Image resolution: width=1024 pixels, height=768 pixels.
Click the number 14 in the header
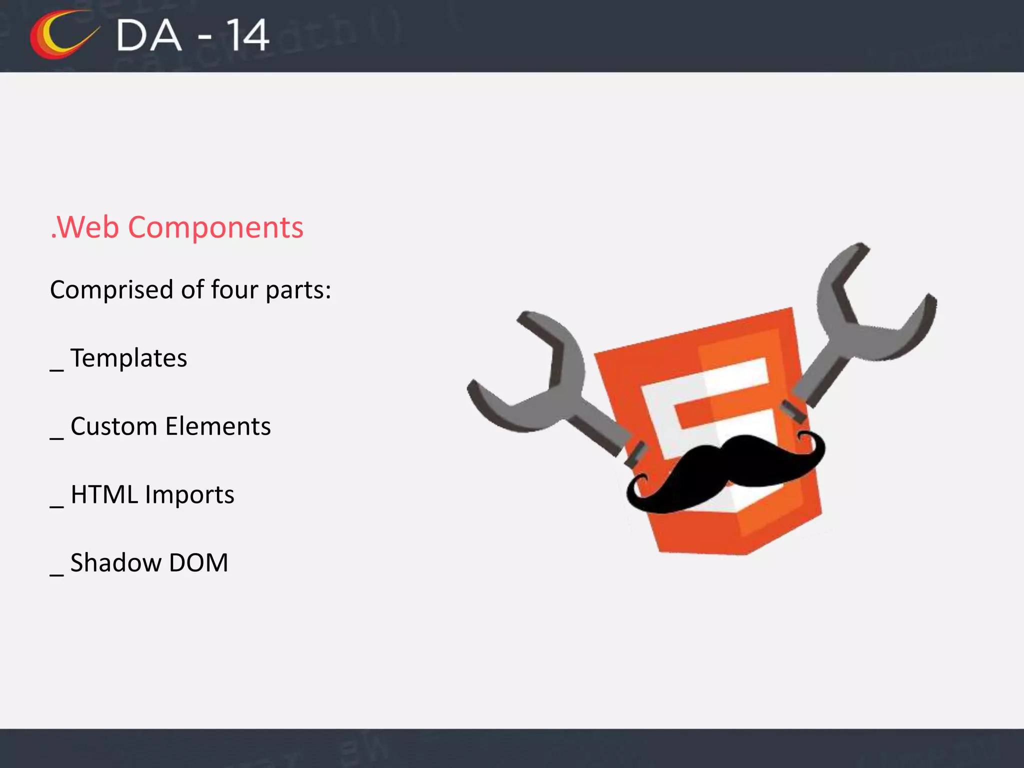247,36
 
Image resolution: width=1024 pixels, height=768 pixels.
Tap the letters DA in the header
148,36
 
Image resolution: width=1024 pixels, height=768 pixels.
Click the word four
234,290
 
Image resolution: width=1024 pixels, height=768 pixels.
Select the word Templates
128,358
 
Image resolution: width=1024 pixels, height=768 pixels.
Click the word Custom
113,426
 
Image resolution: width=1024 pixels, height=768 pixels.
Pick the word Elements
218,426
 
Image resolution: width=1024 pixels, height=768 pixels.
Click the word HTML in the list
104,494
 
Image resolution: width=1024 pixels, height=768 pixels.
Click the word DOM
198,563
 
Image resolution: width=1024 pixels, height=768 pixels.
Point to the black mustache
725,470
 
